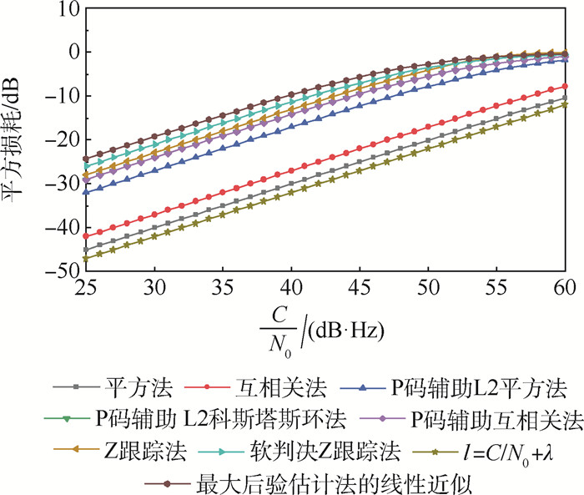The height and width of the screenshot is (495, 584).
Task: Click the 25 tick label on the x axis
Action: click(x=84, y=289)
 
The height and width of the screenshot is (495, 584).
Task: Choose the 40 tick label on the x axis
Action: click(x=290, y=289)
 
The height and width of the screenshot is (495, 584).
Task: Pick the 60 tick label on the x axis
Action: click(x=566, y=289)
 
